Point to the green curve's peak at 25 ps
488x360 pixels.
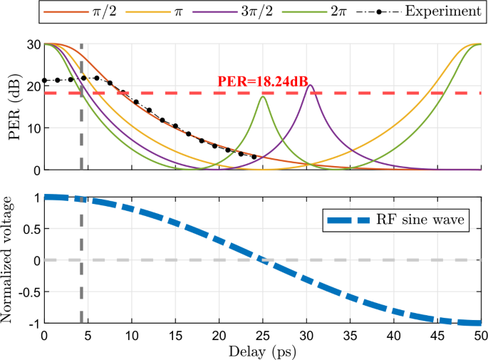(x=264, y=96)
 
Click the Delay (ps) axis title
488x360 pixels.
(x=262, y=351)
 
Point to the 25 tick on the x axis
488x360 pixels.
(x=263, y=335)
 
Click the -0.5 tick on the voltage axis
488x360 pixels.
(x=28, y=292)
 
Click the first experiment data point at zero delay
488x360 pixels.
(x=45, y=80)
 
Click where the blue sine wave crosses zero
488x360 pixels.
(x=263, y=260)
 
